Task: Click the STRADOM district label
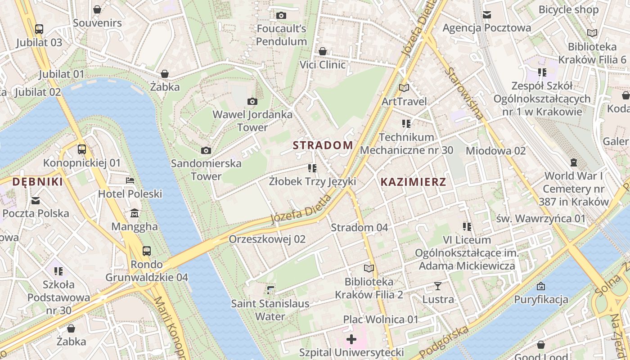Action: [x=323, y=145]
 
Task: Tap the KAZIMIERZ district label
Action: [x=413, y=182]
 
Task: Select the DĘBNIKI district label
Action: [x=37, y=182]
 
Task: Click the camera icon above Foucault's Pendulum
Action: [x=281, y=16]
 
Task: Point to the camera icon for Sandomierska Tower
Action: [x=206, y=150]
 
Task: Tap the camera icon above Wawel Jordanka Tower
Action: [x=252, y=102]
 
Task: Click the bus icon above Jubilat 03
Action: [x=39, y=29]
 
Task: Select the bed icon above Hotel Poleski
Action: [x=130, y=180]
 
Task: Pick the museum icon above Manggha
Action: [x=134, y=213]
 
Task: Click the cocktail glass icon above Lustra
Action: [x=438, y=286]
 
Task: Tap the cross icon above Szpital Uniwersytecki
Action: [x=351, y=339]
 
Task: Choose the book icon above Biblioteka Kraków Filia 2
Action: [x=369, y=269]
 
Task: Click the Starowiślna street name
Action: [x=465, y=93]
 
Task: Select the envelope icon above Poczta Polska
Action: [x=36, y=200]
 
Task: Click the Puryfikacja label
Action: [x=541, y=300]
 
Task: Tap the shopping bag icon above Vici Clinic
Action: [x=322, y=51]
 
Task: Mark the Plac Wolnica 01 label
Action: [x=381, y=319]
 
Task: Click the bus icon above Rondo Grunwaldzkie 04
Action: [x=147, y=251]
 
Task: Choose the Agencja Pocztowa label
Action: [x=486, y=28]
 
